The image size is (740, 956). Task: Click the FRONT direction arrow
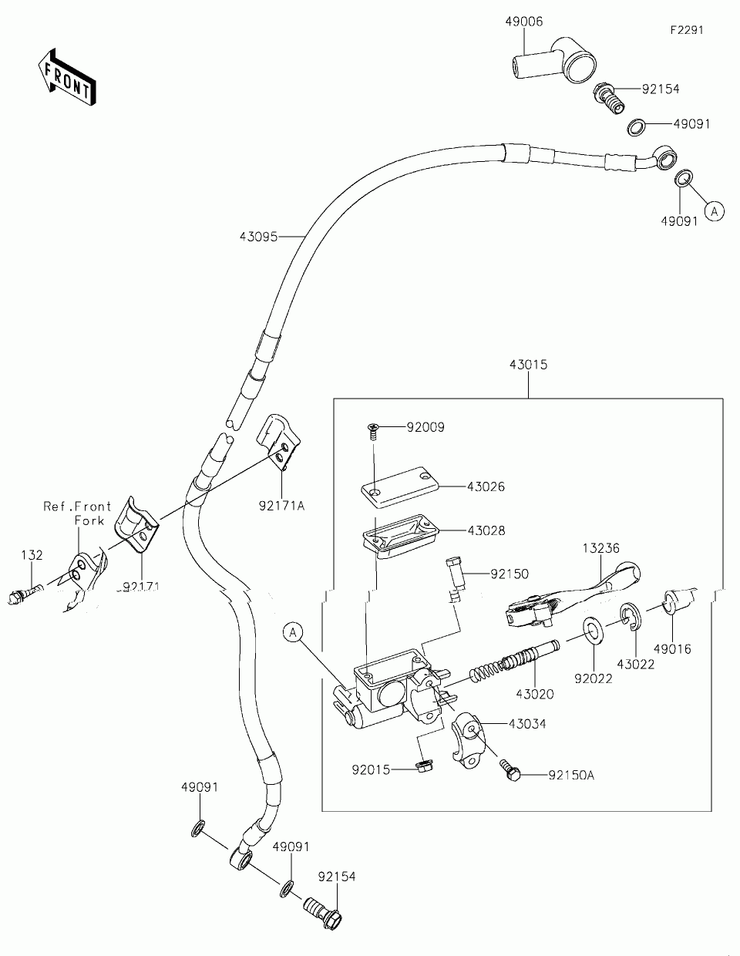(x=67, y=77)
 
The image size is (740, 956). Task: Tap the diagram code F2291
(x=687, y=30)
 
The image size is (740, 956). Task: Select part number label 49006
(x=523, y=22)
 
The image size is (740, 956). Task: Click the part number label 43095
(x=258, y=237)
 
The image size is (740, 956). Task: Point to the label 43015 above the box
(x=529, y=365)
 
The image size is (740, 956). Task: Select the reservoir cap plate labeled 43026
(x=400, y=486)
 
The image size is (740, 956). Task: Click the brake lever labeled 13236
(x=572, y=595)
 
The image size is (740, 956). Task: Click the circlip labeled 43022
(x=631, y=618)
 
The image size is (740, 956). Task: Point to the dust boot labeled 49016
(x=679, y=601)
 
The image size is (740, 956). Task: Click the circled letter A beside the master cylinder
(x=293, y=633)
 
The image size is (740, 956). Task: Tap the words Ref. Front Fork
(x=77, y=513)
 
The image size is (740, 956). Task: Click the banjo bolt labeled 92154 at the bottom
(x=323, y=912)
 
